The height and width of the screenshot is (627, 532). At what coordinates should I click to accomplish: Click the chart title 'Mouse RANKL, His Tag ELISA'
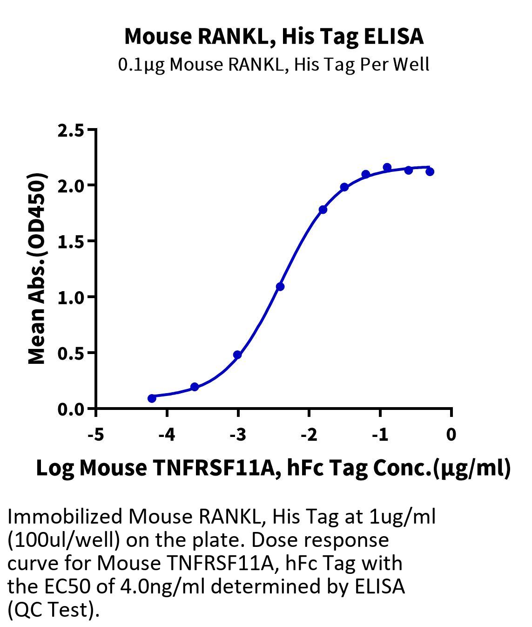[274, 37]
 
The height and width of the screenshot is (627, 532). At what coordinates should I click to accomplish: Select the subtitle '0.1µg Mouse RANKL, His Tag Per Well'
[274, 65]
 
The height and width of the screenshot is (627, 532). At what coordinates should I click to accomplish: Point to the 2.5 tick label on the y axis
[71, 131]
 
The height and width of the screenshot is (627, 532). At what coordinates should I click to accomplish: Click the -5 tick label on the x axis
[96, 435]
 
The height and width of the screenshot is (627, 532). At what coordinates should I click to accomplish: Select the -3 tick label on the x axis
[238, 435]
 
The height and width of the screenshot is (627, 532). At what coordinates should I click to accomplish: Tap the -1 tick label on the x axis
[380, 435]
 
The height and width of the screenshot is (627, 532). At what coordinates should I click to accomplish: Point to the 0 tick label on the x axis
[451, 435]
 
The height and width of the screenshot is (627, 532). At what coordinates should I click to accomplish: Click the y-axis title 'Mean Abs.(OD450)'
[37, 269]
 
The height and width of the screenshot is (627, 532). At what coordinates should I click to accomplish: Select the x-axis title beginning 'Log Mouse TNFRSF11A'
[273, 469]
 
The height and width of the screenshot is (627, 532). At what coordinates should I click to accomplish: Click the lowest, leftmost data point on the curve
[152, 398]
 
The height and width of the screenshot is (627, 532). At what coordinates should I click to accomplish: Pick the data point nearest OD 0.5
[238, 354]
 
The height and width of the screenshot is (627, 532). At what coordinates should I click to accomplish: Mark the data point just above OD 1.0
[280, 286]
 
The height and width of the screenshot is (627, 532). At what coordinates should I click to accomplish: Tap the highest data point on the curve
[387, 167]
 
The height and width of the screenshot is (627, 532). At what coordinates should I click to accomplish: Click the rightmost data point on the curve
[430, 172]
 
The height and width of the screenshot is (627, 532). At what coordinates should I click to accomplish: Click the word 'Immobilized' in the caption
[65, 517]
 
